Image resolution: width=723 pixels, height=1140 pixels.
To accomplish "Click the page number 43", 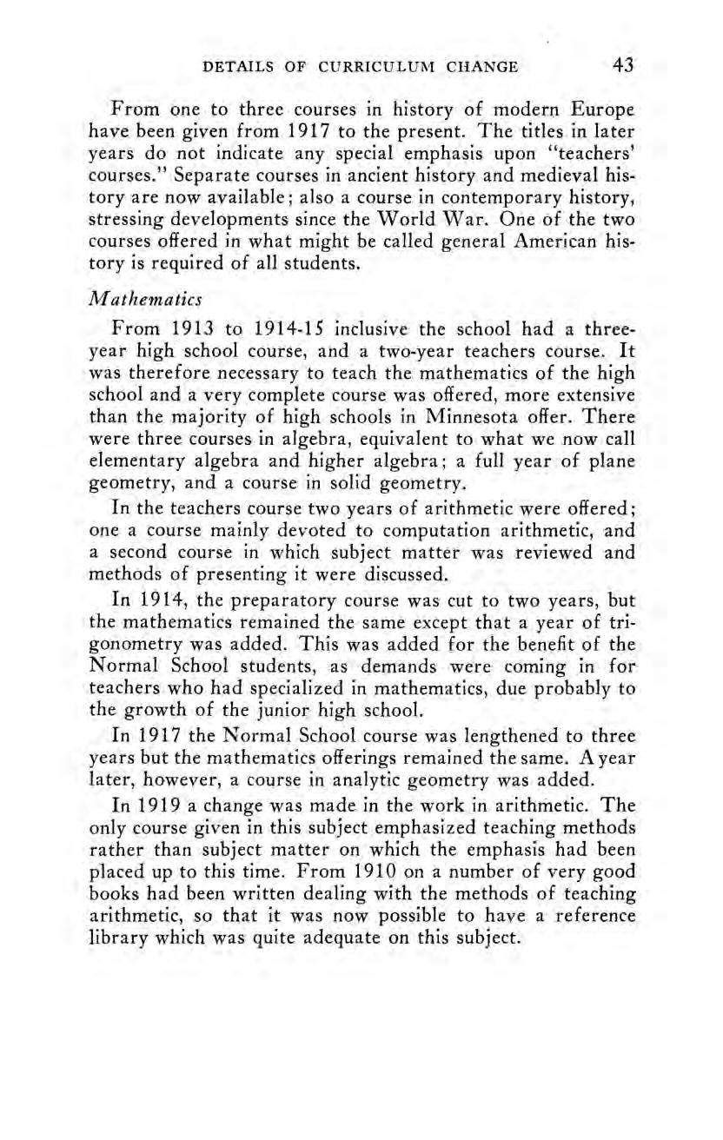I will point(623,65).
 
